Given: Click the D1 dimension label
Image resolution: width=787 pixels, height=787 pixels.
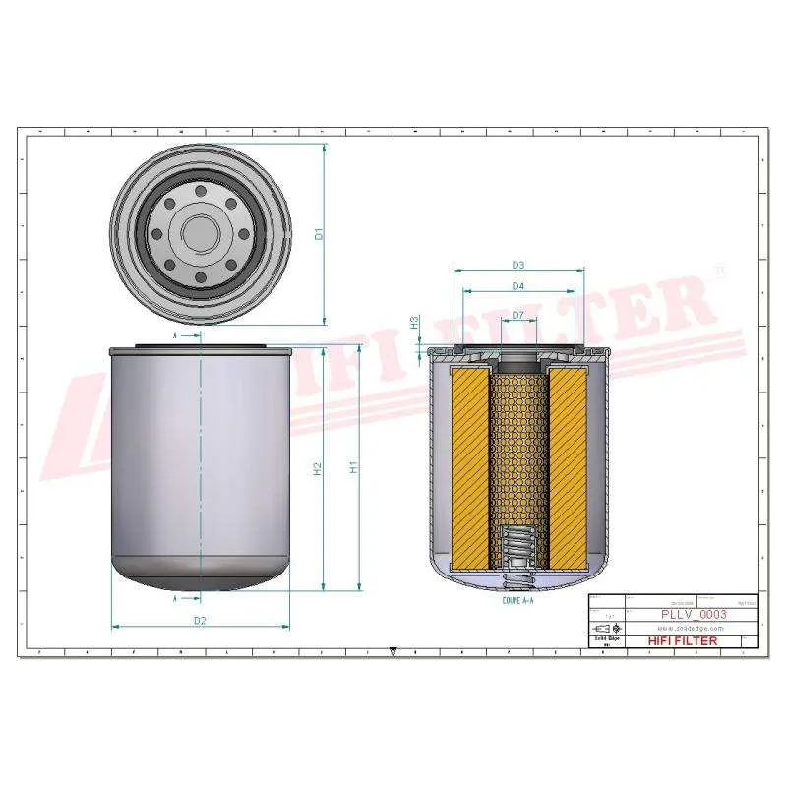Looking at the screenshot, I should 319,234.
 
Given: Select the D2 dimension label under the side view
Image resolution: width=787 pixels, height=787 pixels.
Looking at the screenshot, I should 200,620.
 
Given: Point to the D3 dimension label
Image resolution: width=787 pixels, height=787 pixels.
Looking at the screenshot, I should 517,265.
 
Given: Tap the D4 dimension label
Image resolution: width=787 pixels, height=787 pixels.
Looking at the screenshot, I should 517,286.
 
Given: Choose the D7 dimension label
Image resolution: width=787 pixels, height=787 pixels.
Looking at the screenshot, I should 517,315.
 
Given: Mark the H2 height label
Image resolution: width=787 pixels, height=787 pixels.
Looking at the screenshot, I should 318,469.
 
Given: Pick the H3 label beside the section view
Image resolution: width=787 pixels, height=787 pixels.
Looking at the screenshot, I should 415,322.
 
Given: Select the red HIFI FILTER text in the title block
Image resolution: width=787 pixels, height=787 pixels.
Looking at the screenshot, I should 683,640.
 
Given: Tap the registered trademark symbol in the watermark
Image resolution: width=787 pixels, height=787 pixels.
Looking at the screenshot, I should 718,271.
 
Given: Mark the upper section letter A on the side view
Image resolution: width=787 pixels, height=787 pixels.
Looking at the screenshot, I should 175,335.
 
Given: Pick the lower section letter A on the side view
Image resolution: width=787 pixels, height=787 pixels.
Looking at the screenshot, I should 175,597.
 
